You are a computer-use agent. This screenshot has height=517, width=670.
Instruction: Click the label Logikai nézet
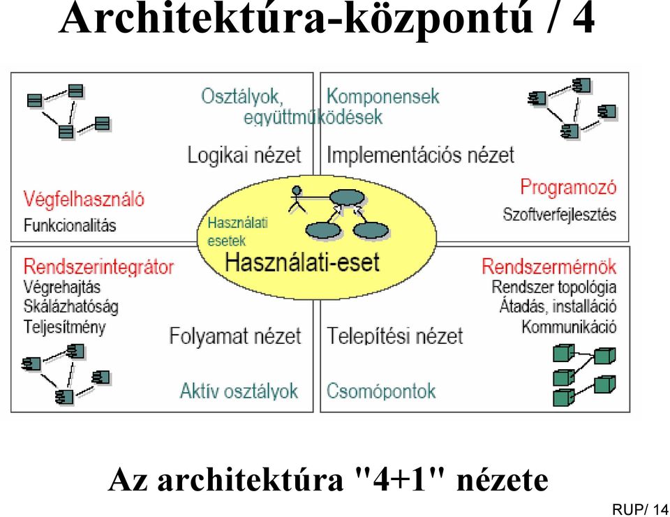244,155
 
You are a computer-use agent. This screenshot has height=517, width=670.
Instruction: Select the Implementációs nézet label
420,155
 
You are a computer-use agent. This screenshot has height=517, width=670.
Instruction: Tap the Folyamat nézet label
235,336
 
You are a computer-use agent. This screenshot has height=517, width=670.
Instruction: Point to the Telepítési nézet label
395,336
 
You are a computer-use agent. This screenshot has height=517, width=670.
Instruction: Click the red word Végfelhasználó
84,200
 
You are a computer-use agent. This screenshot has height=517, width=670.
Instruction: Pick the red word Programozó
568,187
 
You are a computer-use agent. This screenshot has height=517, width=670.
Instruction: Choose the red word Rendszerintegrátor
98,267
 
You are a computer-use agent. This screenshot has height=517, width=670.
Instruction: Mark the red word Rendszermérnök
549,267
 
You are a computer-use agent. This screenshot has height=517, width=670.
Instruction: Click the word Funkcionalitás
70,225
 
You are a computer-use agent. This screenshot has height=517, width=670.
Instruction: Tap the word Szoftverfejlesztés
559,214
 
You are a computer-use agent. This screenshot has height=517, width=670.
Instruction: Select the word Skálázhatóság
71,307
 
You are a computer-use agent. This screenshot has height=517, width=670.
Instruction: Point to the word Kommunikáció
569,327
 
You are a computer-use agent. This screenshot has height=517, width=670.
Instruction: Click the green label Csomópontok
381,391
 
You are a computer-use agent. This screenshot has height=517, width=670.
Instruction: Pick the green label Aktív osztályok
239,391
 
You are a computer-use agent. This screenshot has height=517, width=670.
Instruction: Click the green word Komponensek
383,96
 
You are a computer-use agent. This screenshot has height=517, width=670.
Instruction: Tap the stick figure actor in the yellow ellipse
297,199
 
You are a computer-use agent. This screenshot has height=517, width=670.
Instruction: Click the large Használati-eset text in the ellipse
302,262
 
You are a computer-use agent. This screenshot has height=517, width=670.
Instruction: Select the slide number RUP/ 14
640,509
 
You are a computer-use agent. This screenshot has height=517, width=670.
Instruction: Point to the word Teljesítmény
64,327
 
